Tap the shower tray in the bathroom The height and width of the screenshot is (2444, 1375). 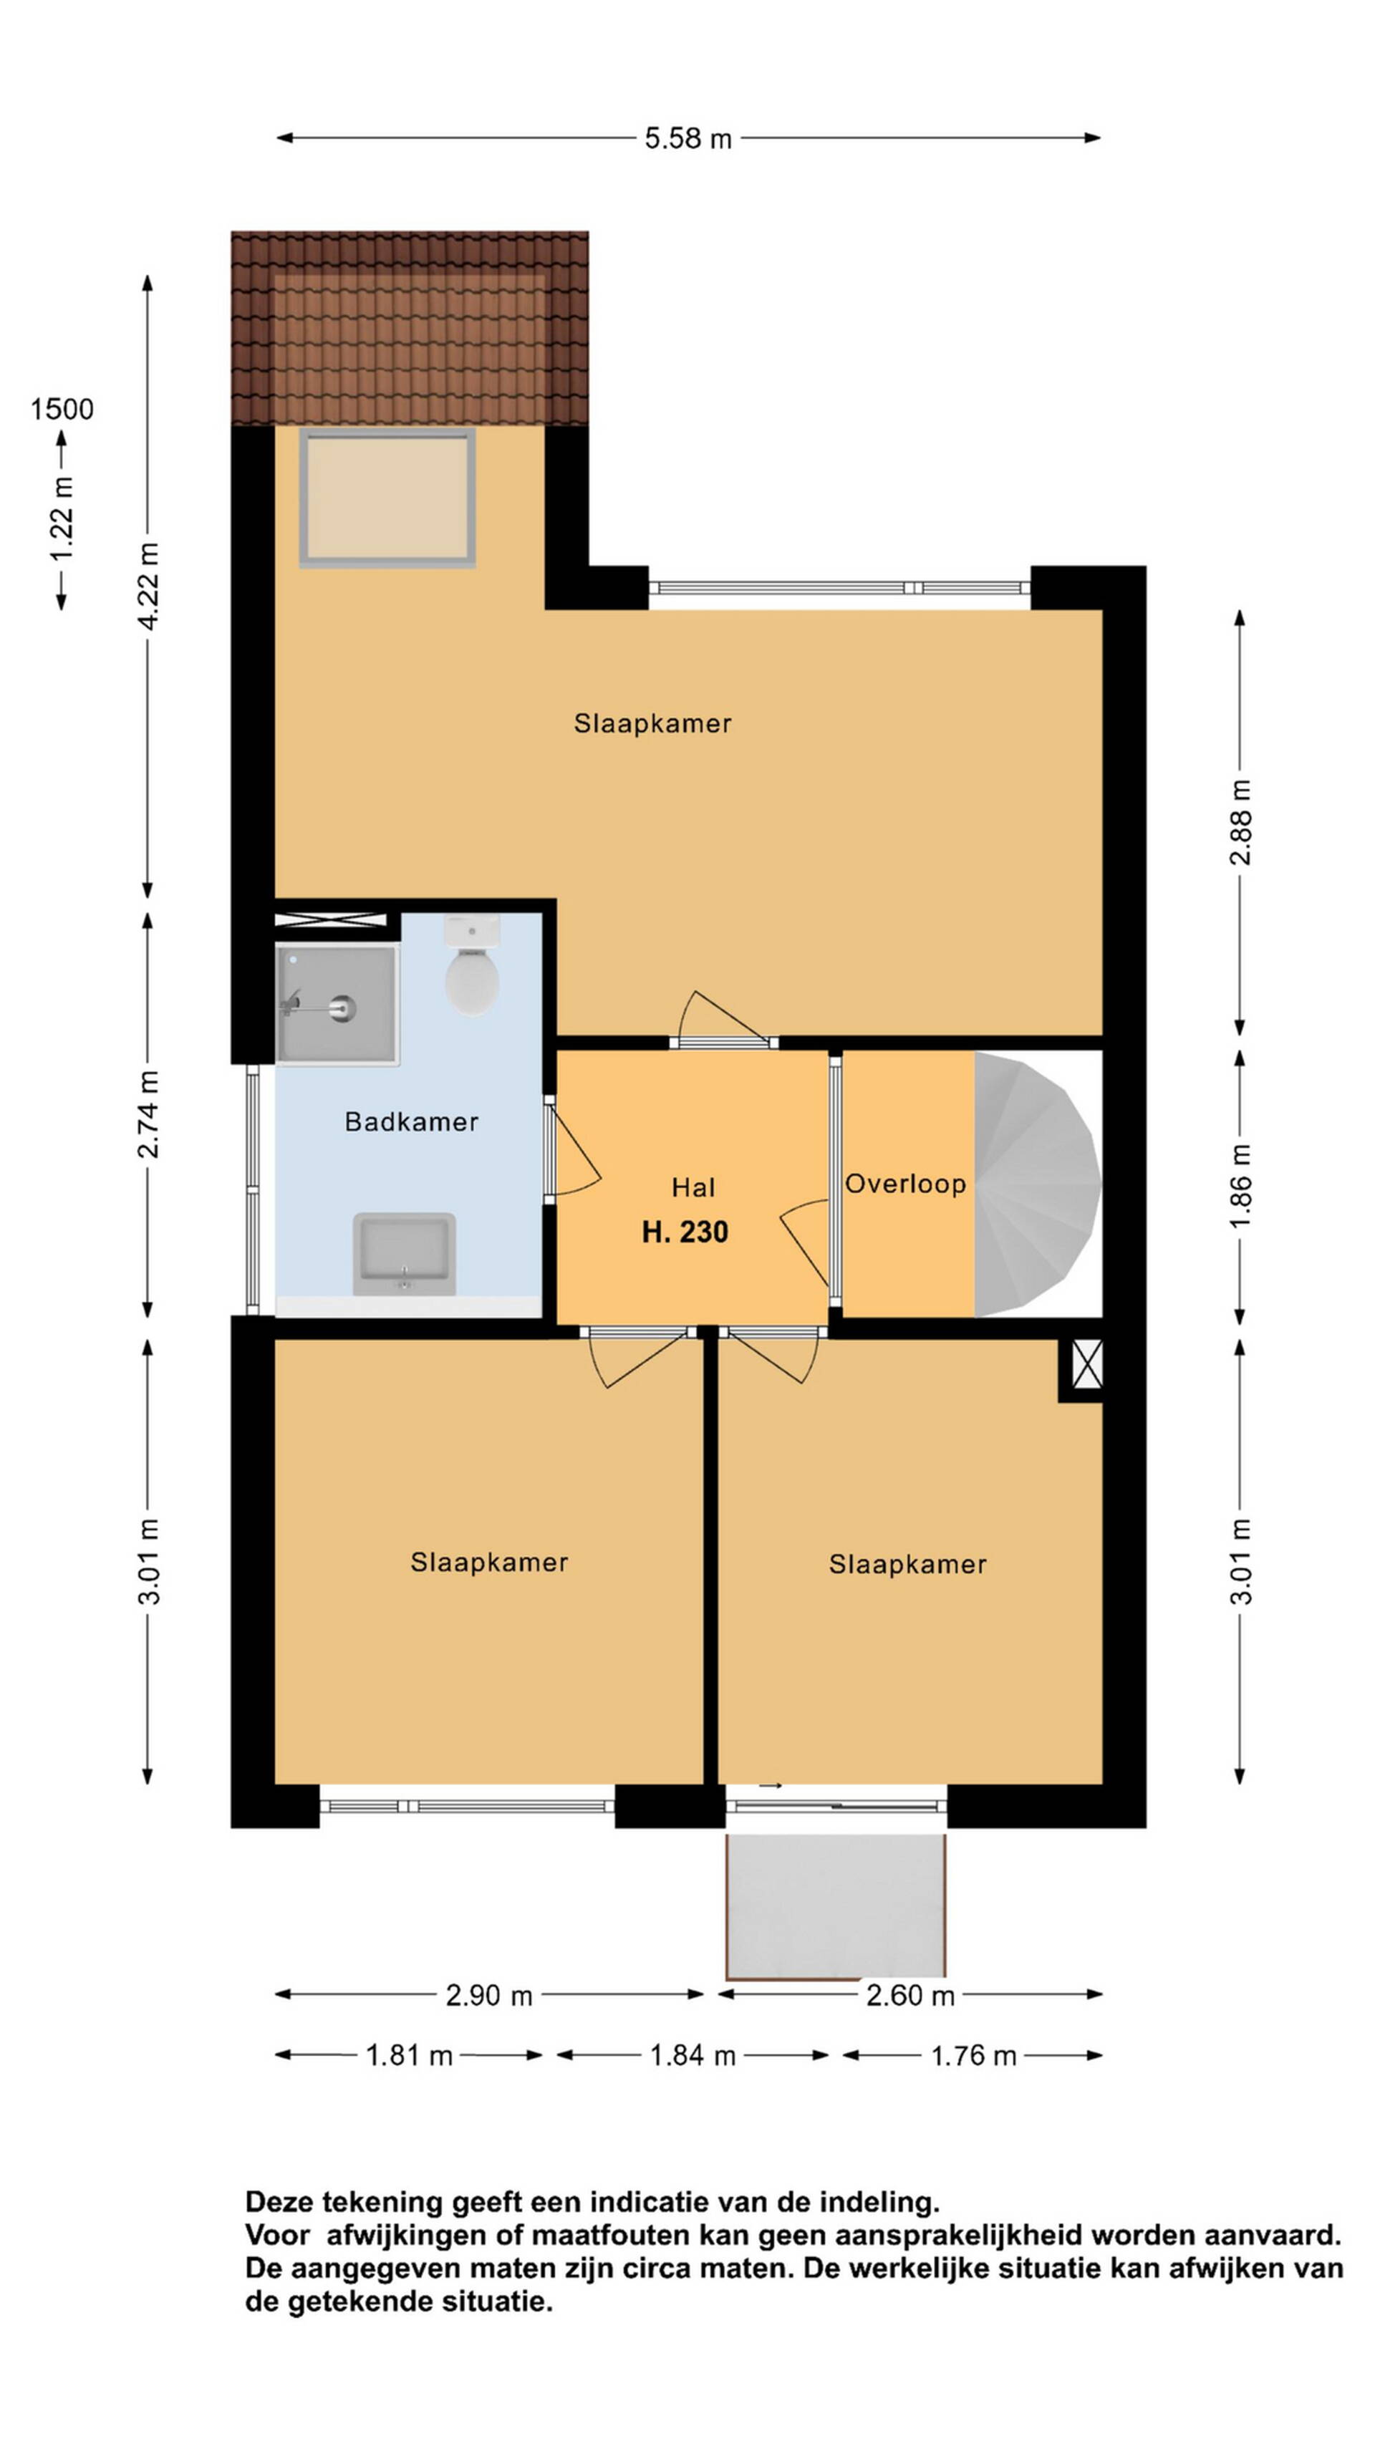337,1004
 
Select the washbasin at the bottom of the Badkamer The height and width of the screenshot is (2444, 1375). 404,1253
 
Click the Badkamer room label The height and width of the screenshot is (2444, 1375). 411,1121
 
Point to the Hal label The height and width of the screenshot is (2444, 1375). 693,1187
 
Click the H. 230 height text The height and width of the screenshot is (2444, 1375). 685,1232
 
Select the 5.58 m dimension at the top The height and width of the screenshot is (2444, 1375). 688,138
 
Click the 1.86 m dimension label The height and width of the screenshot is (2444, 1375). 1240,1186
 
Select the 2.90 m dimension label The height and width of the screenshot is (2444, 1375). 488,1994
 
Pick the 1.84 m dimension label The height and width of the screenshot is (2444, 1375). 693,2055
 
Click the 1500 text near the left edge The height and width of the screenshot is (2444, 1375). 62,410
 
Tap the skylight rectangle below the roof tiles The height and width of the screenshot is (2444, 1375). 387,498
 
